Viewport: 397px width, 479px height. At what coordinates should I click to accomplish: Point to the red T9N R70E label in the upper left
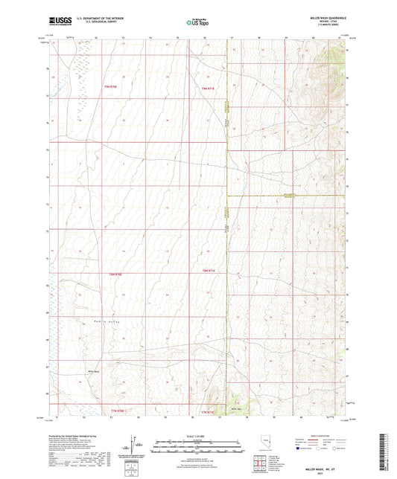[x=110, y=88]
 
